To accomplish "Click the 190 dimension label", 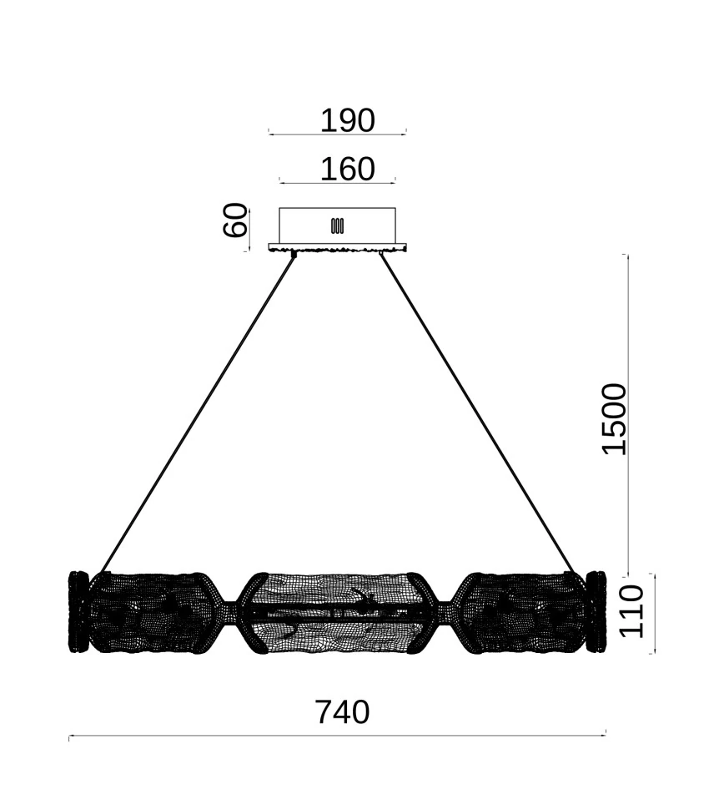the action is tap(347, 121).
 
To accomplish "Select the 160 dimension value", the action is tap(347, 169).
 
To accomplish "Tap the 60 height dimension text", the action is tap(234, 220).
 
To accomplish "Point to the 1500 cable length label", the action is tap(614, 419).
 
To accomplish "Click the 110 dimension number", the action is tap(631, 611).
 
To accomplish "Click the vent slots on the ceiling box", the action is tap(338, 225).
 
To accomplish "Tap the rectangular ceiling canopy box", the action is tap(338, 225).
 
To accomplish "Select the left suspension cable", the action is tap(199, 413).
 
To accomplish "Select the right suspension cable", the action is tap(477, 413).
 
